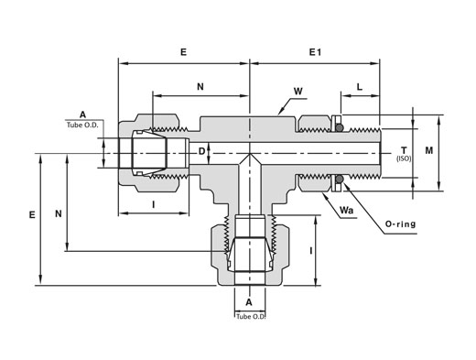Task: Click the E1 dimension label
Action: click(315, 52)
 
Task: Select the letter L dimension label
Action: click(360, 87)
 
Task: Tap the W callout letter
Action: click(298, 91)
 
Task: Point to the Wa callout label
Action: click(346, 211)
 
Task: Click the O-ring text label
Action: click(401, 224)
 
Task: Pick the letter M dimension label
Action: click(429, 150)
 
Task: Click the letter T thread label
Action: click(404, 150)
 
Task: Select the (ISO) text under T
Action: click(404, 158)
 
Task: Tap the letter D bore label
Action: click(201, 151)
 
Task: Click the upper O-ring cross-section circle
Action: click(340, 127)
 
